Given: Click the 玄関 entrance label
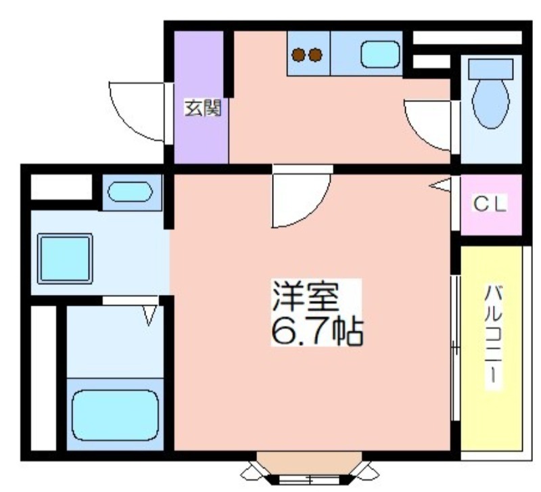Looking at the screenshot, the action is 202,108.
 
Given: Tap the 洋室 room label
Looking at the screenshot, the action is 305,296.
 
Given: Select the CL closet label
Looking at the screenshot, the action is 490,204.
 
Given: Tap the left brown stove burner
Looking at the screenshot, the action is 299,55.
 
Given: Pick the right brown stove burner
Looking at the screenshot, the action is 315,55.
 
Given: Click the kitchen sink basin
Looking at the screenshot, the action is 380,55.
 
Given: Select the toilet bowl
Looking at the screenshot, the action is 491,104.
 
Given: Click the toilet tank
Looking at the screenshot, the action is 491,69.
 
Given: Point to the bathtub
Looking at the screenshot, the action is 115,416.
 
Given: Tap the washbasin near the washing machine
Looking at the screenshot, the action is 130,192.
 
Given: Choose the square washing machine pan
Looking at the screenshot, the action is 65,259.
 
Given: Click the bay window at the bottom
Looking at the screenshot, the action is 310,472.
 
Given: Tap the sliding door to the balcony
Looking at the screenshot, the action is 456,348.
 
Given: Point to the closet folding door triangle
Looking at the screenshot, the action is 441,185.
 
